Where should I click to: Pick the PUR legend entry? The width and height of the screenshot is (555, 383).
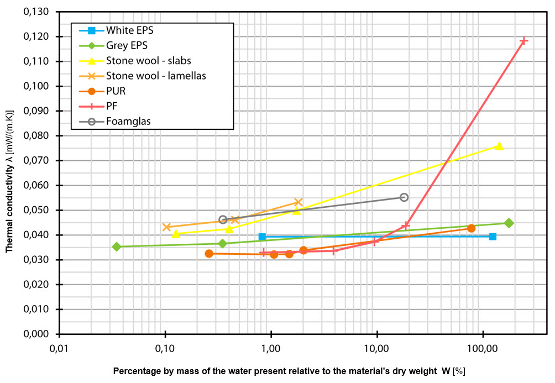click(116, 91)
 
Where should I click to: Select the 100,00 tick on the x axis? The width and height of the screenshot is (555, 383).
click(483, 349)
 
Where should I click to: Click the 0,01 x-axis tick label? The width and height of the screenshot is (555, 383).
click(59, 349)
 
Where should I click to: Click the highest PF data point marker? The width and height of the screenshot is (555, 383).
click(523, 41)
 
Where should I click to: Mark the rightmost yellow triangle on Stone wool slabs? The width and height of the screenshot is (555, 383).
click(499, 146)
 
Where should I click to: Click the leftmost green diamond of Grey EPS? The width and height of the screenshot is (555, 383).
click(117, 246)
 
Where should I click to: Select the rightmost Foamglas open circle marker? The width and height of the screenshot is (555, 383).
click(404, 197)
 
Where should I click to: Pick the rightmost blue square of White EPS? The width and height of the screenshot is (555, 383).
click(493, 237)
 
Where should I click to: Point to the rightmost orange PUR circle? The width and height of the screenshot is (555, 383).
click(471, 228)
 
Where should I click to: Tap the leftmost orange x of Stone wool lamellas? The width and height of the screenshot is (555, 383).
click(166, 227)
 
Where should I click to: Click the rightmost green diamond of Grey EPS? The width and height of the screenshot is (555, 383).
click(509, 223)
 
